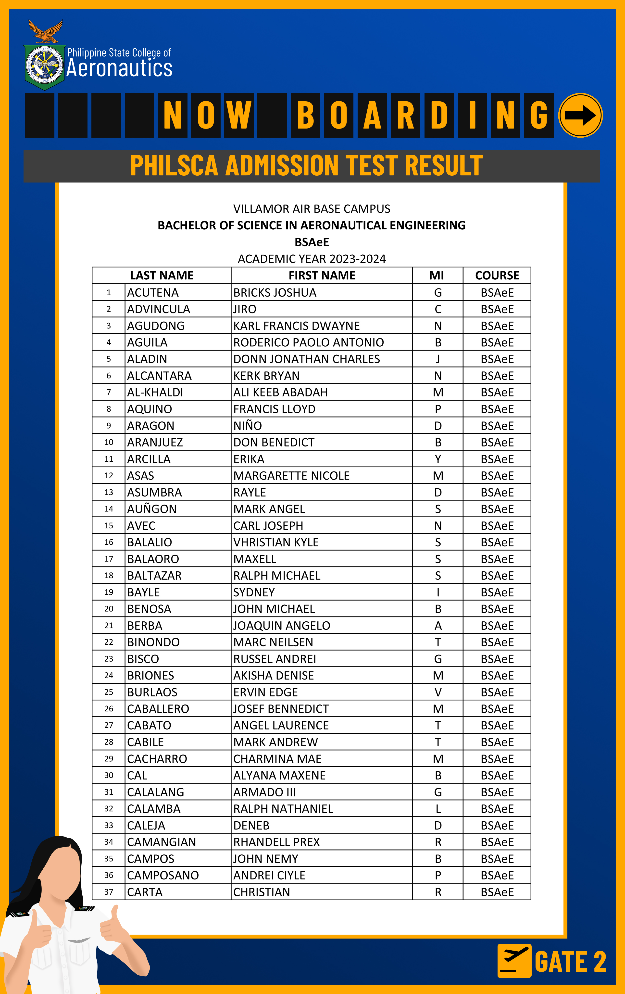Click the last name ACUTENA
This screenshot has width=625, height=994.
153,293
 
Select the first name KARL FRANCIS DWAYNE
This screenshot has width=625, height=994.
296,326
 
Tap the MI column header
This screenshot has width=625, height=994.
437,275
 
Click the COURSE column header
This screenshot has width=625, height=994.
497,275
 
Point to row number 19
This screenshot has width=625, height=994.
109,592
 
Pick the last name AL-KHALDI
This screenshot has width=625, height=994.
155,392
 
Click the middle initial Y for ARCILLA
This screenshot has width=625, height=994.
438,459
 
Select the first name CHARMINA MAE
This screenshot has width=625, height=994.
277,759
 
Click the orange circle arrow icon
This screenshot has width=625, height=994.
580,115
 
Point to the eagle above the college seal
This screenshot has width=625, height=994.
46,31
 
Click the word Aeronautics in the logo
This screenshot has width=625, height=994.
119,68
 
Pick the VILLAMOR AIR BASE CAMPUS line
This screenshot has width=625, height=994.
312,209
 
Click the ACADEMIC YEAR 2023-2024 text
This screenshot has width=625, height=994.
312,259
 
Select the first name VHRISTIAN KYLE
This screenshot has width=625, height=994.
275,542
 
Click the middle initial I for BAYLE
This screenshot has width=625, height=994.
438,592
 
